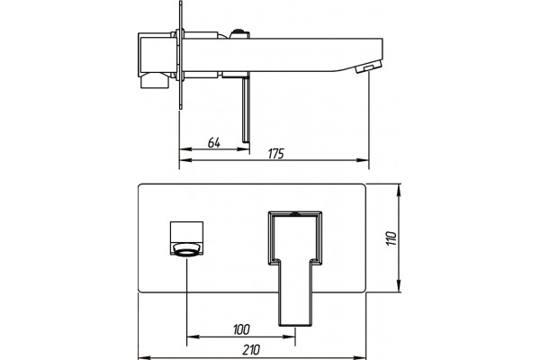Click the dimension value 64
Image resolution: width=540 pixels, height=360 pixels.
click(213, 142)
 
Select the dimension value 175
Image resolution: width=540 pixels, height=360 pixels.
click(276, 154)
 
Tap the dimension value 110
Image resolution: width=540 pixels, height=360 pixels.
click(391, 238)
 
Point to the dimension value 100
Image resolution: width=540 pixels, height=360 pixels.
click(241, 329)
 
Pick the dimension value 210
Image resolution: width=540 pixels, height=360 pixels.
click(251, 350)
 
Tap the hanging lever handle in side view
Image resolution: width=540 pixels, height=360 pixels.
click(246, 110)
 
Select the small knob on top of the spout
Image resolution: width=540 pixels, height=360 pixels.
click(239, 33)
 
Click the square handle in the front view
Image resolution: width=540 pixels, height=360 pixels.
click(186, 232)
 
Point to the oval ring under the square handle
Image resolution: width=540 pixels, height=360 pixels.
click(186, 249)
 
